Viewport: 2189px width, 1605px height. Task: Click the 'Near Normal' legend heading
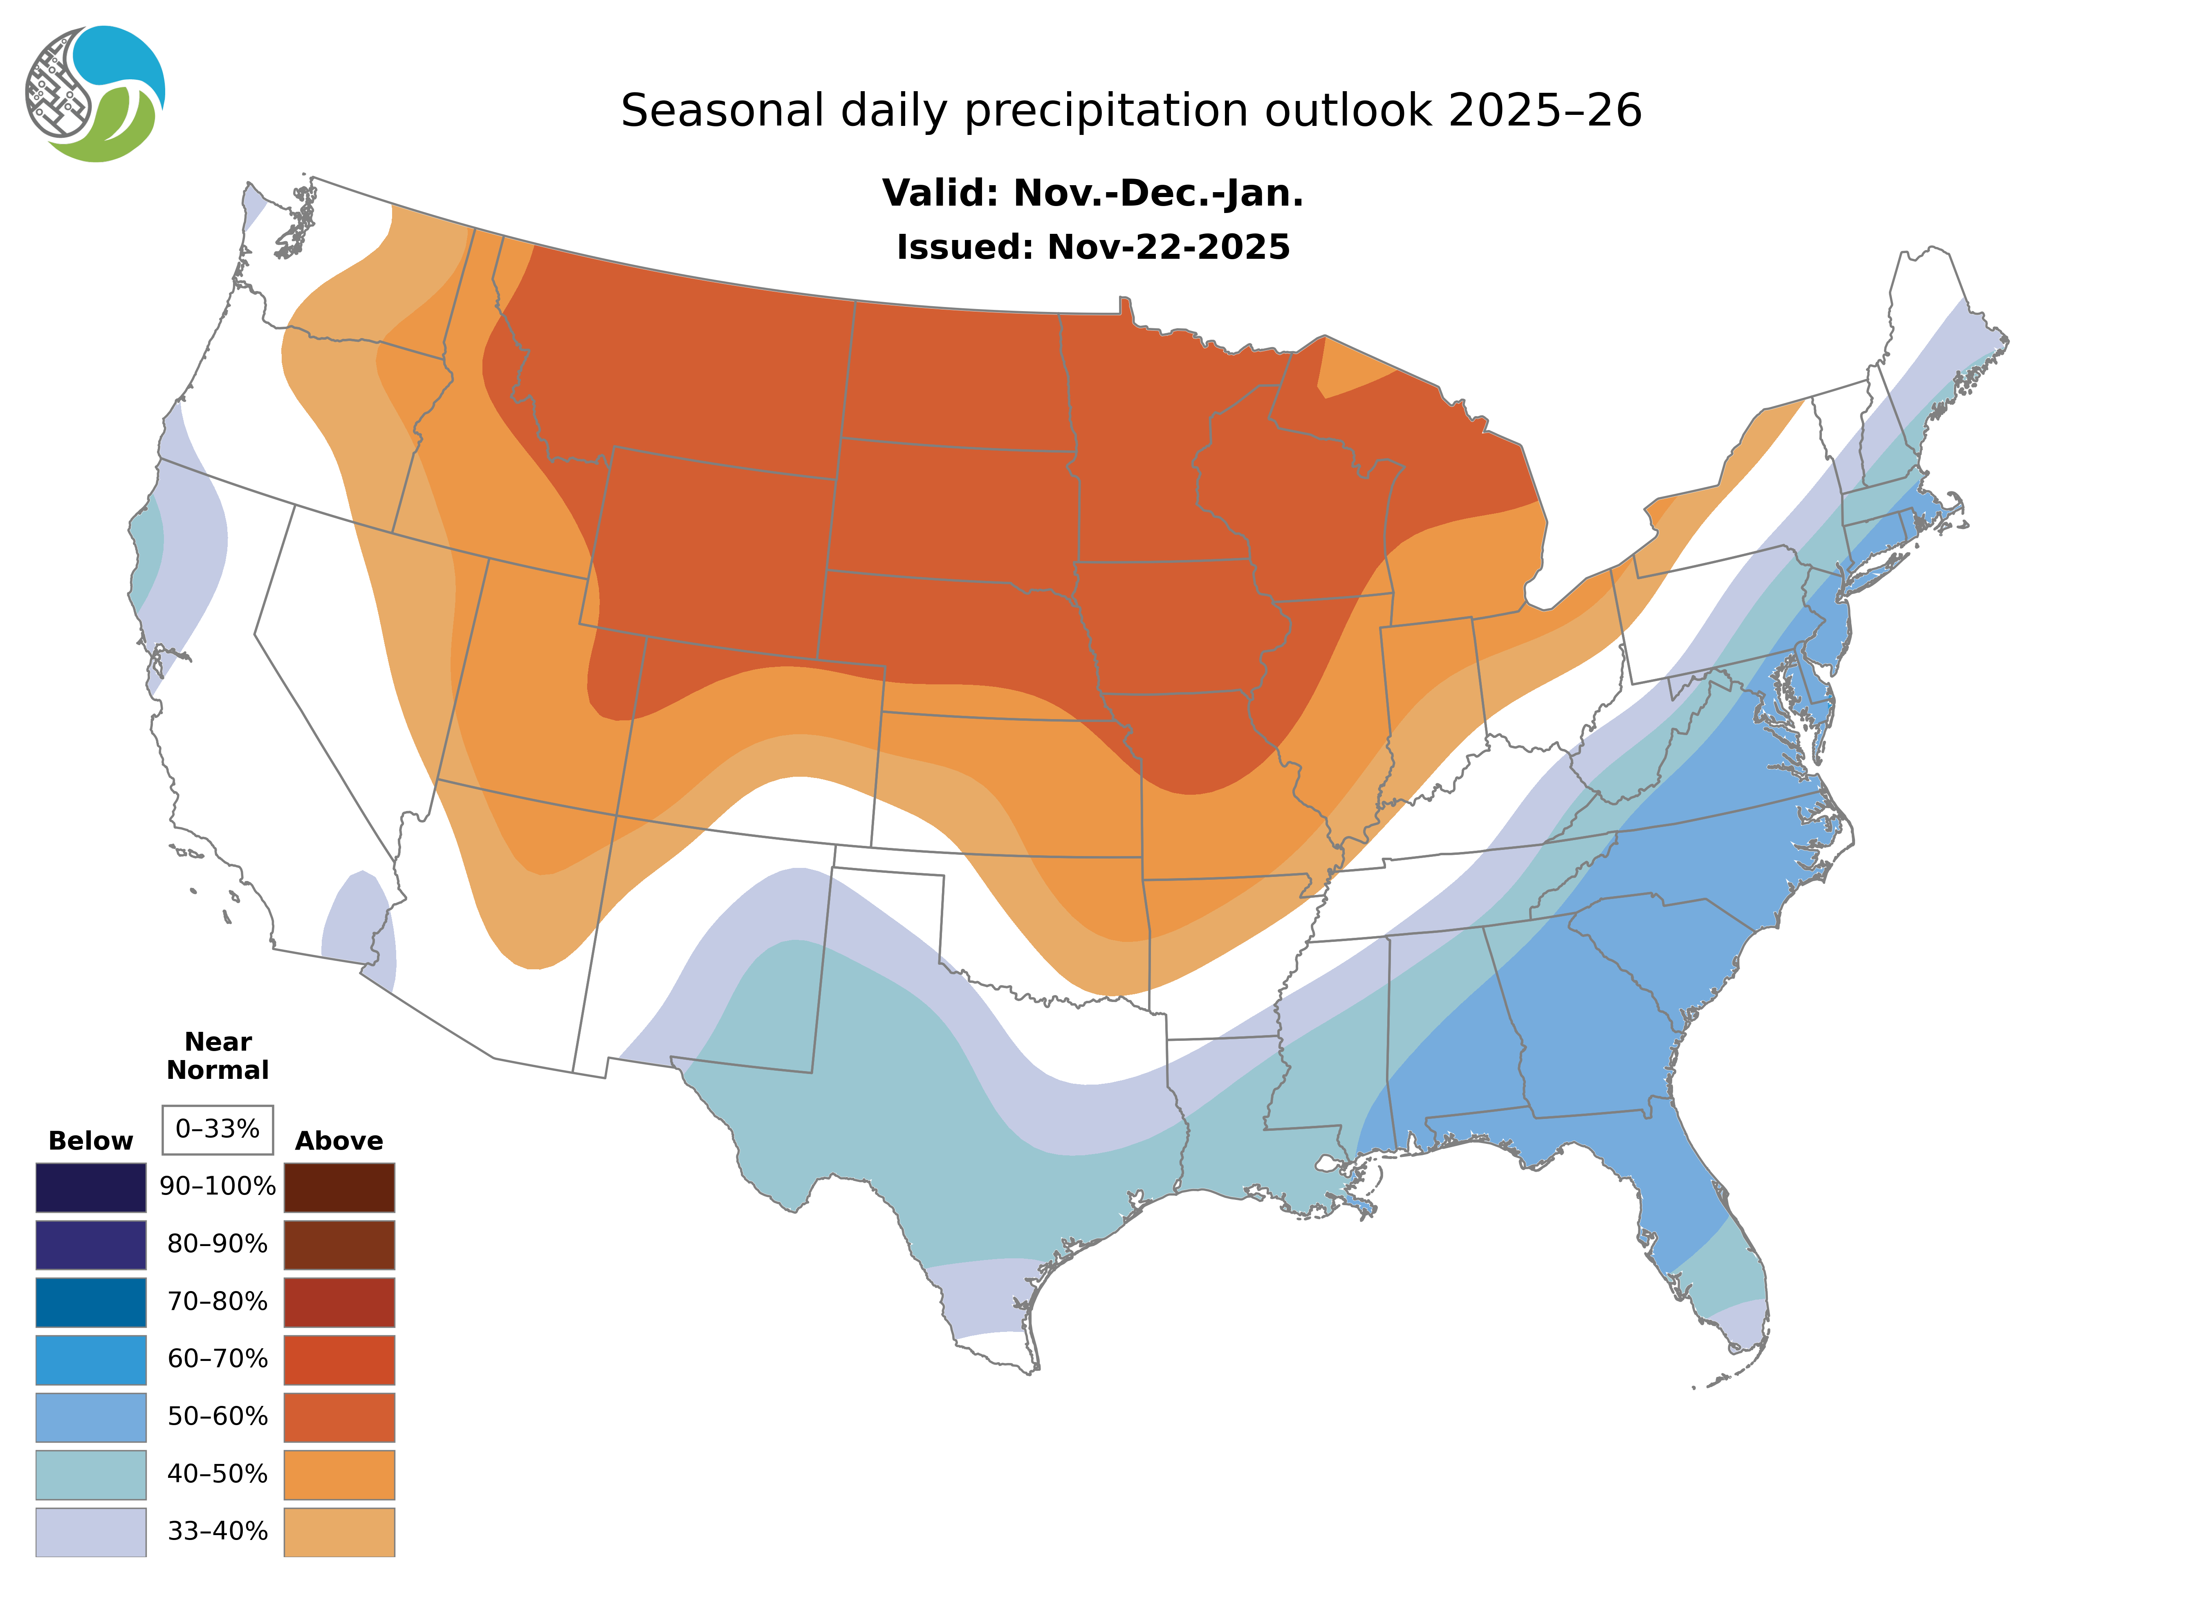click(x=218, y=1056)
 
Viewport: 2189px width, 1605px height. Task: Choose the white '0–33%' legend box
click(x=218, y=1129)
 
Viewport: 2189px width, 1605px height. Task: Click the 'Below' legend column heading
click(x=90, y=1141)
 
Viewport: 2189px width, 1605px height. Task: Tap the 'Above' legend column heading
click(x=339, y=1141)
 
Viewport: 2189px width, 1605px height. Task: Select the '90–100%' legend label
click(x=218, y=1186)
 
